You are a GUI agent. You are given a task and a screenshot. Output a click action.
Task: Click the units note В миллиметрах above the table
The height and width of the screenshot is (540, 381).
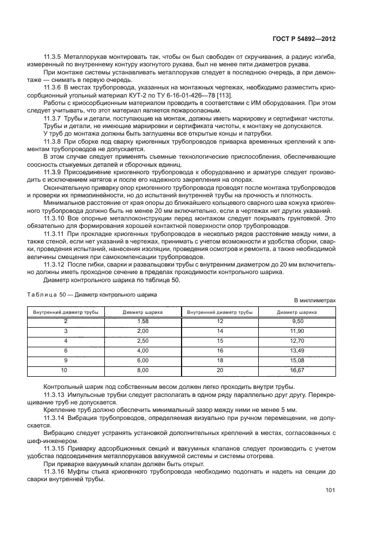[x=315, y=301]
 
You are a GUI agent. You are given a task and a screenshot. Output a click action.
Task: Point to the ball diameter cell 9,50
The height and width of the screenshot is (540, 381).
[x=297, y=320]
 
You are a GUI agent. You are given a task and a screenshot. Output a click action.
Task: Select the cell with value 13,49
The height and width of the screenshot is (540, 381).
[x=297, y=350]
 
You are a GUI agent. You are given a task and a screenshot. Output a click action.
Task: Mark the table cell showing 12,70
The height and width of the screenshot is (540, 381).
[x=297, y=340]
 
